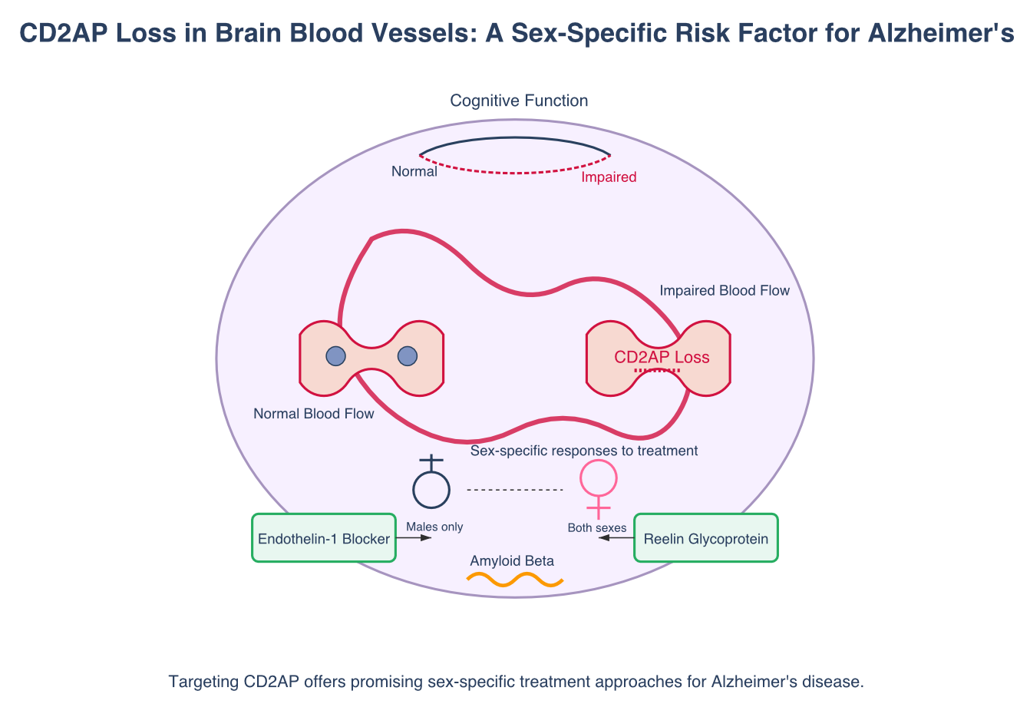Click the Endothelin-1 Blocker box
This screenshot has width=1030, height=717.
(x=324, y=538)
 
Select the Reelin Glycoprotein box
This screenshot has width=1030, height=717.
(x=705, y=538)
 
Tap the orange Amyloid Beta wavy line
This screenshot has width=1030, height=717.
(x=515, y=580)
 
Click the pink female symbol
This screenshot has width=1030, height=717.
(x=598, y=481)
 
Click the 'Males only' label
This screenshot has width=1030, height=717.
(x=434, y=527)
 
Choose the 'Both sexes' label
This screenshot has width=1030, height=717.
(x=597, y=527)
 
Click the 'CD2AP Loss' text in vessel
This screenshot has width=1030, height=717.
(x=662, y=357)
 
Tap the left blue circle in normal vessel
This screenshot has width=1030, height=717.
(x=335, y=356)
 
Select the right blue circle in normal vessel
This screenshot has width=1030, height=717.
(x=408, y=356)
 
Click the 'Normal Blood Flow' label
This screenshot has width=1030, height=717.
(x=314, y=414)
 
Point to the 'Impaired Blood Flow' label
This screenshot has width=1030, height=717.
(x=725, y=290)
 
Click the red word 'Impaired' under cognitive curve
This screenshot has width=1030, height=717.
(x=609, y=177)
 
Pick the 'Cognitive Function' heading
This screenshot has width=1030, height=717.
(x=519, y=101)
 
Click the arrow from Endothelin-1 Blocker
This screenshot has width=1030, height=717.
(x=414, y=538)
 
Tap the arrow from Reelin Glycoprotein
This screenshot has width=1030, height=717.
(x=616, y=538)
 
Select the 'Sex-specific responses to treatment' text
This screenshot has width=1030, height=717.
(x=584, y=451)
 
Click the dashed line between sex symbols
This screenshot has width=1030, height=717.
(x=515, y=490)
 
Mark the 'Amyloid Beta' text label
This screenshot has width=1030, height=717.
(x=512, y=561)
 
